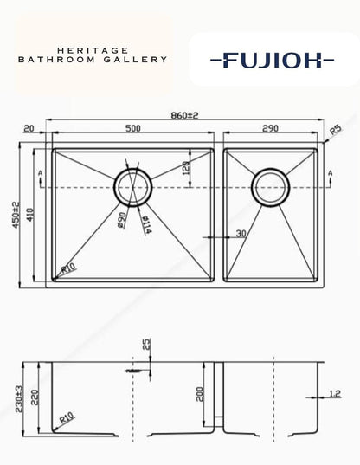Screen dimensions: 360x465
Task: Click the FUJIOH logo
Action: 273,60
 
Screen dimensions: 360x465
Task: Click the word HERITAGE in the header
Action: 93,50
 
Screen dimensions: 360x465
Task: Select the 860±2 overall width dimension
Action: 184,115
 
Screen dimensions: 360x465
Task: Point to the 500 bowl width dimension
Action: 133,128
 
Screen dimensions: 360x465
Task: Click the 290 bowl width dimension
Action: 270,128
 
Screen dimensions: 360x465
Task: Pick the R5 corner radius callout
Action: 336,130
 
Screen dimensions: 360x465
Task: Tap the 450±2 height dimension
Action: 16,215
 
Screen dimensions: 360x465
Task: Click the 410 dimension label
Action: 31,215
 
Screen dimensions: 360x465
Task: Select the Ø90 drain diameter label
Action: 122,220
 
